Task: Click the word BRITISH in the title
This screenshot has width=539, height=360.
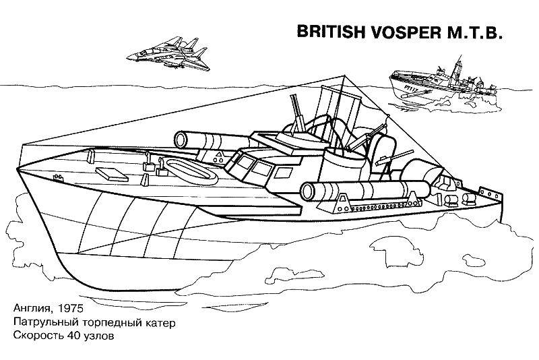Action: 331,32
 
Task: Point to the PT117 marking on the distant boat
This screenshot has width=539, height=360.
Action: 410,88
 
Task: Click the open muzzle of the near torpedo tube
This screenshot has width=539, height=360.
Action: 308,192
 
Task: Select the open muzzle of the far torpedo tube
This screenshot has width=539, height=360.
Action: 181,140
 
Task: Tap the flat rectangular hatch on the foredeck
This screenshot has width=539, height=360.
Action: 111,175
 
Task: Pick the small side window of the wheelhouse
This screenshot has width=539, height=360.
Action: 283,173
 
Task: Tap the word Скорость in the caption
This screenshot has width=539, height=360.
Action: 38,336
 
